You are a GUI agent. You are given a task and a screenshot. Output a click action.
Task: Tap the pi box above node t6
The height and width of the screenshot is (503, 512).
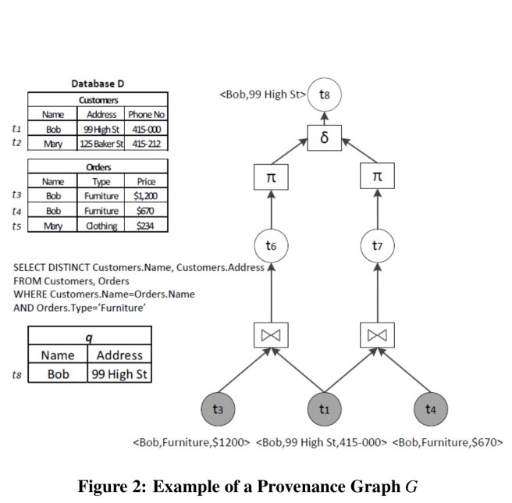point(272,177)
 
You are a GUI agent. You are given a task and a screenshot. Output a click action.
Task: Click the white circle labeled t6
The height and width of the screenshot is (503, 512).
point(272,244)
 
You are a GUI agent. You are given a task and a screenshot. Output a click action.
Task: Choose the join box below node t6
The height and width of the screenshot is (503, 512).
point(272,334)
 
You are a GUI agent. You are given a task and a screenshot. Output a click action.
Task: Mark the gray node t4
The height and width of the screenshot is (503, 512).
point(432,408)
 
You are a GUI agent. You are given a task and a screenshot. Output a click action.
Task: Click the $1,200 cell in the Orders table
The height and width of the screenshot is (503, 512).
point(146,195)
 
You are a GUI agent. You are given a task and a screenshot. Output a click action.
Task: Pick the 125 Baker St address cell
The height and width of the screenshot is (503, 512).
point(97,144)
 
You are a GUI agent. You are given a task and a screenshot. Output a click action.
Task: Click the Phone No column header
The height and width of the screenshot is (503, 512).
point(146,114)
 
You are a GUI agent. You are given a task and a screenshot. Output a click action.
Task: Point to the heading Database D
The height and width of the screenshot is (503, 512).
point(98,84)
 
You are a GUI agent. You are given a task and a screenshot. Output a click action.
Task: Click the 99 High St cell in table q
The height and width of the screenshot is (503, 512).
point(119,374)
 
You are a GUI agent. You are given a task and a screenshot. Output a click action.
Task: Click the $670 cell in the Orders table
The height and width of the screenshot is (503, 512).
point(146,211)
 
